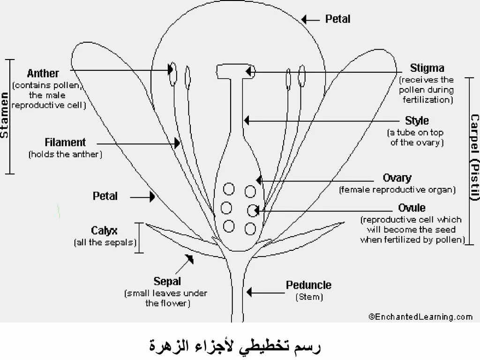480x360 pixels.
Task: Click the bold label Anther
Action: (43, 74)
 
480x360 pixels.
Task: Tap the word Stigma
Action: (427, 68)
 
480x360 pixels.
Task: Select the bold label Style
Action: (417, 121)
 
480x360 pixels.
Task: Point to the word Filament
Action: (65, 142)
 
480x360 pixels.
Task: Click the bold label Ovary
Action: (397, 178)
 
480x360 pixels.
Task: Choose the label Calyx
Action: (104, 231)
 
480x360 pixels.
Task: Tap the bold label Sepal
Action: (167, 282)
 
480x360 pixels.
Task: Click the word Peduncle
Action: (308, 285)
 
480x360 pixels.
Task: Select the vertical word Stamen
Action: (5, 116)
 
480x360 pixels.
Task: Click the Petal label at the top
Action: (337, 19)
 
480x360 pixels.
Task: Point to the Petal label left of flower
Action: (105, 196)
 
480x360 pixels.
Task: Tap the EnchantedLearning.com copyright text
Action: (420, 317)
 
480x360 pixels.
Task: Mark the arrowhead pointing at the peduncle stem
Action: (249, 292)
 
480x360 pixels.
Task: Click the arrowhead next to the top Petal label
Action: (305, 20)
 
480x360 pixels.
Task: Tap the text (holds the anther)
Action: (65, 154)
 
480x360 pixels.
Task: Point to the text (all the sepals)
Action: (105, 242)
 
